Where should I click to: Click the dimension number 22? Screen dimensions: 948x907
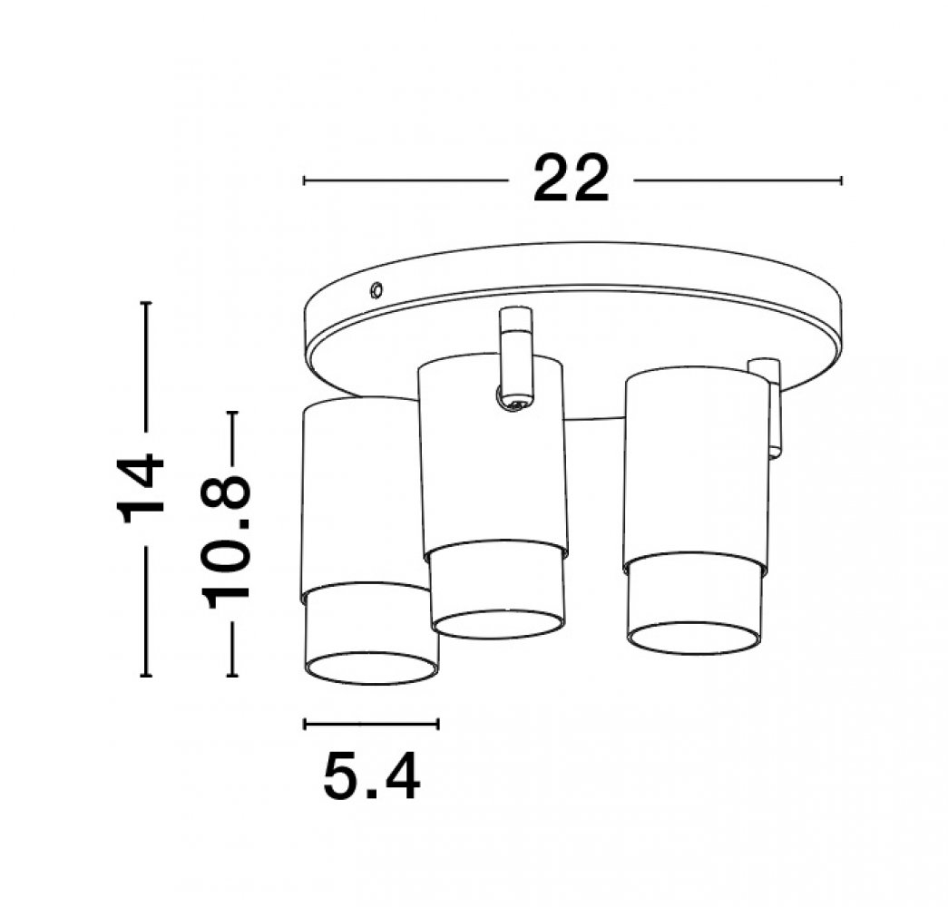coord(571,179)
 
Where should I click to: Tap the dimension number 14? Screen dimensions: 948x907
coord(141,490)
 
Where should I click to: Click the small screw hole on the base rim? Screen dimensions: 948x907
coord(376,290)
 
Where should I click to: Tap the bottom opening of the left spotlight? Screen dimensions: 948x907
coord(371,667)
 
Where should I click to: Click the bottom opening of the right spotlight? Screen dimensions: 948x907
coord(694,638)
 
